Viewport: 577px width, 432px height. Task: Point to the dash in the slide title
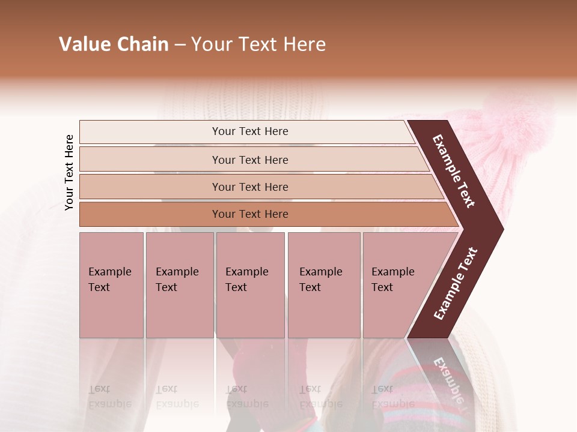point(180,45)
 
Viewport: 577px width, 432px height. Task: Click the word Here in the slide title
point(304,44)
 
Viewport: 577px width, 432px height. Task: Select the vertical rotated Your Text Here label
point(69,172)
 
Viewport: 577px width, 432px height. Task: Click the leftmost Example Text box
point(111,285)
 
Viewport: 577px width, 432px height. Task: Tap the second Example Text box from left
point(179,285)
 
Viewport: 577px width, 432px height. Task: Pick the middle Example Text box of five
point(250,285)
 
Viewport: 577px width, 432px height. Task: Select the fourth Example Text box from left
point(323,285)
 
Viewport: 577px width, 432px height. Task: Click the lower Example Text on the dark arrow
point(456,284)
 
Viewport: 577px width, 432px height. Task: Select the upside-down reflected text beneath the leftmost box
point(109,397)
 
